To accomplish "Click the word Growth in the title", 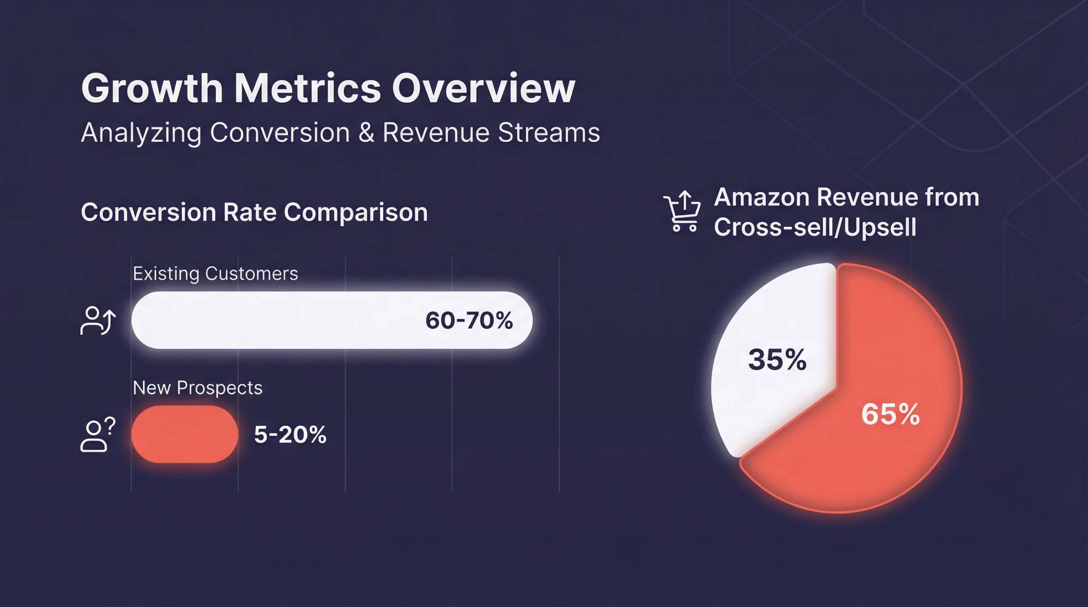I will pos(152,89).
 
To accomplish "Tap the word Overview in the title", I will pos(483,89).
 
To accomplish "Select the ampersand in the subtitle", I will pos(366,133).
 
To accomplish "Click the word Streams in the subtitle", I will pos(549,133).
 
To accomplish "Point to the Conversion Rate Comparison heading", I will pos(254,212).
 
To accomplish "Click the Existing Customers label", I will pos(215,274).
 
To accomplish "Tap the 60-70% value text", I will pos(469,320).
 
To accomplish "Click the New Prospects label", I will pos(197,388).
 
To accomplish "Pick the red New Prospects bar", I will pos(184,434).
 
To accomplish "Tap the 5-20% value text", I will pos(290,435).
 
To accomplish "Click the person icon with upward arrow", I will pos(98,321).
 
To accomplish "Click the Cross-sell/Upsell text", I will pos(815,227).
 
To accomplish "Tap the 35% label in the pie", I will pos(777,360).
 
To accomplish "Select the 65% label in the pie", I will pos(890,414).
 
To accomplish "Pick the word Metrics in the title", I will pos(307,89).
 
